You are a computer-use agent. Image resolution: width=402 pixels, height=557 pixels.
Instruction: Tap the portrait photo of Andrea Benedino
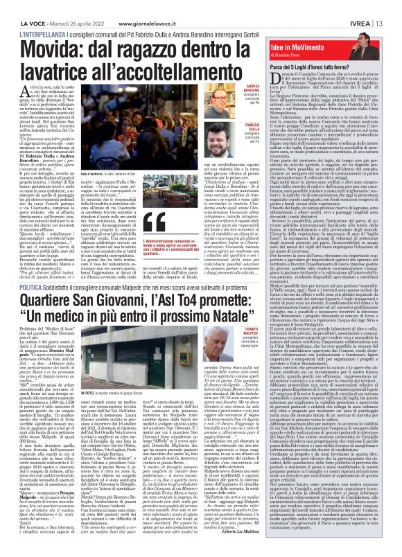[x=229, y=103]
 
